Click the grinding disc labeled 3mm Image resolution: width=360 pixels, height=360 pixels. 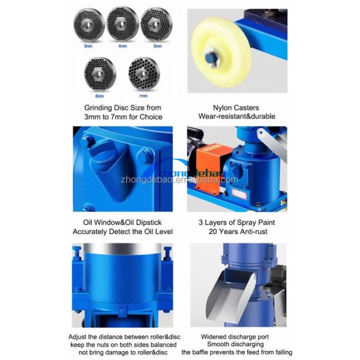[x=89, y=25]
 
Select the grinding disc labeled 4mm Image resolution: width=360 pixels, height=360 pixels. [x=122, y=25]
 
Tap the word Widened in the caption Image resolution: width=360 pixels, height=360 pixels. [x=215, y=337]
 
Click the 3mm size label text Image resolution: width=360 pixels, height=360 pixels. [x=88, y=46]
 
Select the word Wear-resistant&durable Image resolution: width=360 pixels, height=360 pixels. [x=238, y=117]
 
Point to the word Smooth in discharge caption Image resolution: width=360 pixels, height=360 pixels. [x=219, y=345]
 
